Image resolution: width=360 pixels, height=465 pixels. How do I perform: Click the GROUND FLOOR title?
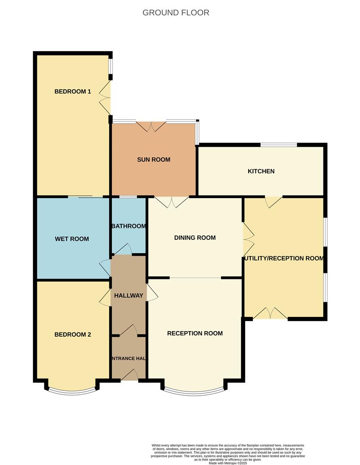tap(176, 12)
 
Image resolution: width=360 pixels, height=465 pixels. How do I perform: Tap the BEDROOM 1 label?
tap(73, 91)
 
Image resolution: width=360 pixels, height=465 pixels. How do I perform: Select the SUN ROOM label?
tap(154, 160)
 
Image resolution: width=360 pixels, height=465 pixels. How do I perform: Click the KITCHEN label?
tap(261, 171)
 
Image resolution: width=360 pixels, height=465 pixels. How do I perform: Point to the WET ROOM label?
tap(72, 239)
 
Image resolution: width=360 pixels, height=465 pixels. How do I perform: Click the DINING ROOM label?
tap(195, 238)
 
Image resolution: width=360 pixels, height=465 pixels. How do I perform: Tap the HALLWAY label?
tap(129, 296)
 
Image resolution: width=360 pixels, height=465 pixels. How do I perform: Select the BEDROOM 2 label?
tap(73, 335)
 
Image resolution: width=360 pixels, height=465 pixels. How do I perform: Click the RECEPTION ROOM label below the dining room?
tap(195, 333)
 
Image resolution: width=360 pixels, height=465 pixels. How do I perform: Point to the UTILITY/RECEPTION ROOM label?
tap(284, 258)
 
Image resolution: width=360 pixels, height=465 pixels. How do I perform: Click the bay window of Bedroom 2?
tap(71, 391)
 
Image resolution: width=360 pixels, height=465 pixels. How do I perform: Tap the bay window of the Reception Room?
tap(194, 391)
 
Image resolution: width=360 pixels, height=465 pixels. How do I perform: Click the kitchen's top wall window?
tap(278, 145)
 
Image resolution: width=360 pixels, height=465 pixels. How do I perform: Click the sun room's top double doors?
tap(151, 126)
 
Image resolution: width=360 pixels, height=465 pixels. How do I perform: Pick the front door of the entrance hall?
tap(129, 375)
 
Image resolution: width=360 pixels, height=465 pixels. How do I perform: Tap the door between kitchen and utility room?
tap(274, 201)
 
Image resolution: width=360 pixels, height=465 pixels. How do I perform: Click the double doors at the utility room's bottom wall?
tap(270, 314)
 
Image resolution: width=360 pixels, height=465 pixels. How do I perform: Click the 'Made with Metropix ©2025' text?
tap(228, 463)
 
